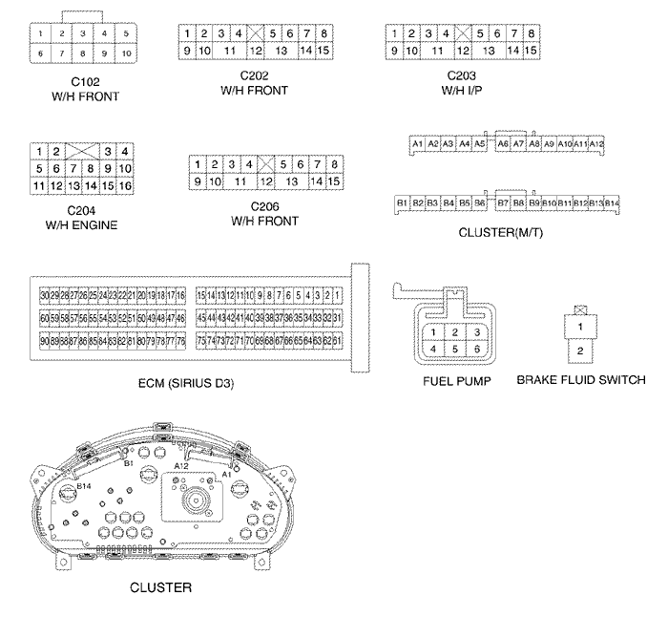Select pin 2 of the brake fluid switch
tap(578, 351)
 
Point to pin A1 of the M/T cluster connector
tap(417, 143)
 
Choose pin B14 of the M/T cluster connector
tap(613, 203)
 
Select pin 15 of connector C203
tap(531, 50)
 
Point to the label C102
tap(83, 82)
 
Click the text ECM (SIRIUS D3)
tap(186, 384)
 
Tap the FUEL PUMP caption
tap(456, 380)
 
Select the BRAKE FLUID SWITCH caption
tap(580, 380)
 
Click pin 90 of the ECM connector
tap(44, 341)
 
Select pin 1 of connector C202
tap(189, 33)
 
